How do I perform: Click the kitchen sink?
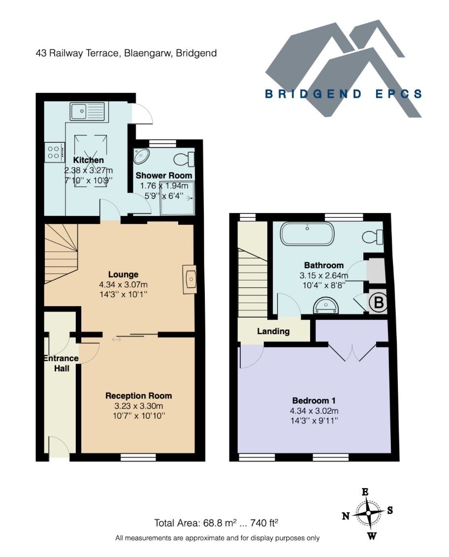(x=88, y=112)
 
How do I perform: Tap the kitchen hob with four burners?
(x=55, y=152)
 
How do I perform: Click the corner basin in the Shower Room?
(x=142, y=156)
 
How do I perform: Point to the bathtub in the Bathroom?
(x=307, y=234)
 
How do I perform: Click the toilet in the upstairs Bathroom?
(x=373, y=237)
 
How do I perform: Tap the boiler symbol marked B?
(x=378, y=303)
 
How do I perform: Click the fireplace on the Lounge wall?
(x=189, y=279)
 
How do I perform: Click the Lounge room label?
(x=124, y=275)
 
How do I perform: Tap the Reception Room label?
(x=139, y=396)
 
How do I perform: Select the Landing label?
(x=273, y=331)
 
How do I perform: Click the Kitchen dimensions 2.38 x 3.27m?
(x=89, y=170)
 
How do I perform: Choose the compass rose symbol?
(x=368, y=512)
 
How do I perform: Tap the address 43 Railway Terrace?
(x=126, y=53)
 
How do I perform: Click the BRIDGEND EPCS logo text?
(x=343, y=94)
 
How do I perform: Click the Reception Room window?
(x=138, y=458)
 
